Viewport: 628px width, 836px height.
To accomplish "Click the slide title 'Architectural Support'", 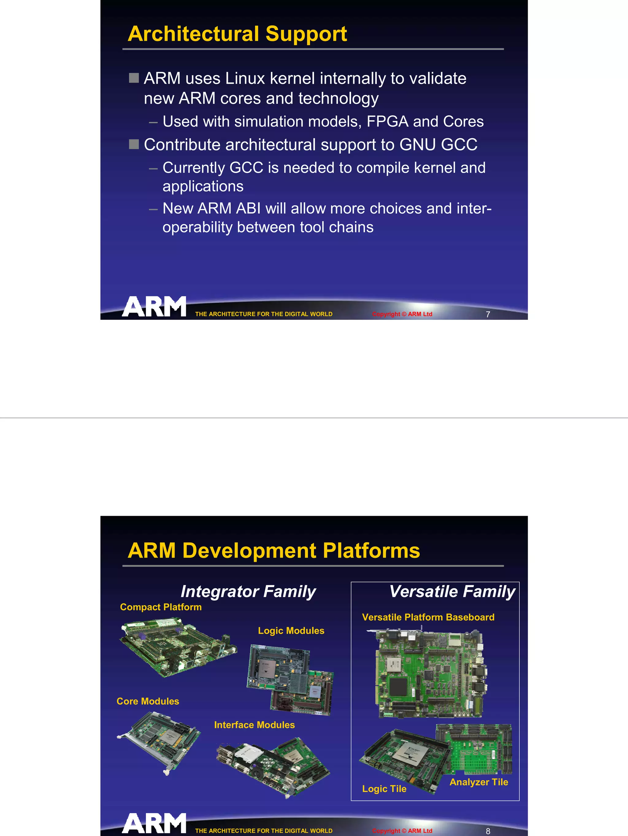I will [x=237, y=34].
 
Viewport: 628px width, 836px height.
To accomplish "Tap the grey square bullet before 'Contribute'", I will [x=134, y=144].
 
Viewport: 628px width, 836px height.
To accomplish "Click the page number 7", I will [x=488, y=314].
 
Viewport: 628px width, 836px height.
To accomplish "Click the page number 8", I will [x=488, y=831].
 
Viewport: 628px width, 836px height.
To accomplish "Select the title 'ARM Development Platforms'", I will [x=274, y=551].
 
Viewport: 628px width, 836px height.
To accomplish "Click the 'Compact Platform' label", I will [x=161, y=607].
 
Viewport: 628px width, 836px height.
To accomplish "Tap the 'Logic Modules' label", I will [x=291, y=631].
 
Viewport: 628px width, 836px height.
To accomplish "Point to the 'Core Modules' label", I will [x=148, y=701].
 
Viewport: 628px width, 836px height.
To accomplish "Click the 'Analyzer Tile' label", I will [x=478, y=782].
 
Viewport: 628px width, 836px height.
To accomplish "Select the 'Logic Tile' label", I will [x=384, y=789].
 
